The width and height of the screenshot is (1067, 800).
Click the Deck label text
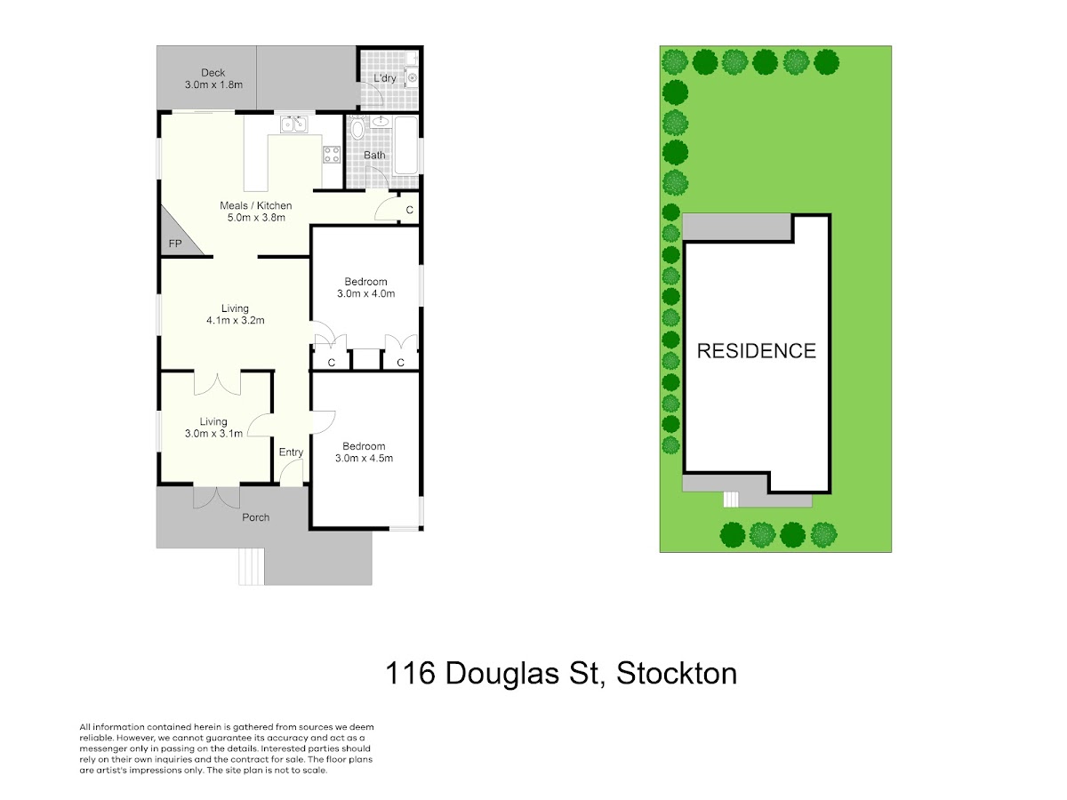(213, 73)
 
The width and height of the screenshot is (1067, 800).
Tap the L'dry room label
(384, 77)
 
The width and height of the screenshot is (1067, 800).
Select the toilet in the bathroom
(357, 128)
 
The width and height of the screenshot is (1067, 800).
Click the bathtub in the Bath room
(405, 145)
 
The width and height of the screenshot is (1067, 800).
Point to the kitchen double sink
(293, 124)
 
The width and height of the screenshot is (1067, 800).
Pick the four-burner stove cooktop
(332, 155)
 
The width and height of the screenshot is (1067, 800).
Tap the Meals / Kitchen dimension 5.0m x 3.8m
(256, 218)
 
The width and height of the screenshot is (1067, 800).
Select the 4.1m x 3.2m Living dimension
(236, 320)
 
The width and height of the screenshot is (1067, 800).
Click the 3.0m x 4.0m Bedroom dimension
(365, 293)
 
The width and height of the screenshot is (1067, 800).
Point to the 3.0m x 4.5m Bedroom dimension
(364, 458)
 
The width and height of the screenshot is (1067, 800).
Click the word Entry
(291, 452)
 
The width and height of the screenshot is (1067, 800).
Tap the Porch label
(256, 517)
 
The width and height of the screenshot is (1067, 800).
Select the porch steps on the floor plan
(252, 566)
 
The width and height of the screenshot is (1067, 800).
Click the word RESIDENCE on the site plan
(757, 351)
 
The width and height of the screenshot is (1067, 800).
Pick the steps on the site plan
(731, 500)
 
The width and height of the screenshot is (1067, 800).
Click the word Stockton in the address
(677, 674)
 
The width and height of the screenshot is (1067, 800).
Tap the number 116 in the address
(410, 674)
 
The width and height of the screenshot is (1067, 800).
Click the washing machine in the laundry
(413, 77)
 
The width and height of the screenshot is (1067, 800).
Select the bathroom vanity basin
(381, 122)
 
